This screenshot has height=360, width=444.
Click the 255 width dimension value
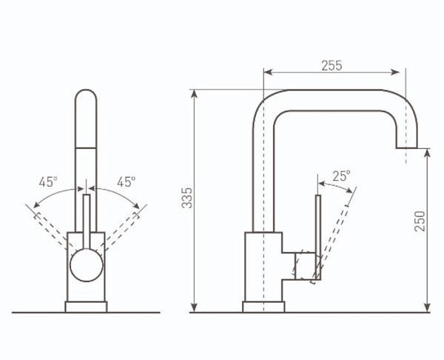click(x=332, y=65)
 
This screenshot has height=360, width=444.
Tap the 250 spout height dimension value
click(x=420, y=220)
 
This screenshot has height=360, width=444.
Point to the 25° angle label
click(x=341, y=176)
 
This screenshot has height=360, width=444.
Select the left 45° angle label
click(x=48, y=181)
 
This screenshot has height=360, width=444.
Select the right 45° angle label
click(x=126, y=181)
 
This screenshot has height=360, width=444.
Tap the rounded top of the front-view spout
click(x=86, y=100)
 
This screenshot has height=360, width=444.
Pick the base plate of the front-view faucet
click(x=86, y=307)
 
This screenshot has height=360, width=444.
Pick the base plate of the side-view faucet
click(x=263, y=307)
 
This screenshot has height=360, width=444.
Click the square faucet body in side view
click(x=263, y=267)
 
